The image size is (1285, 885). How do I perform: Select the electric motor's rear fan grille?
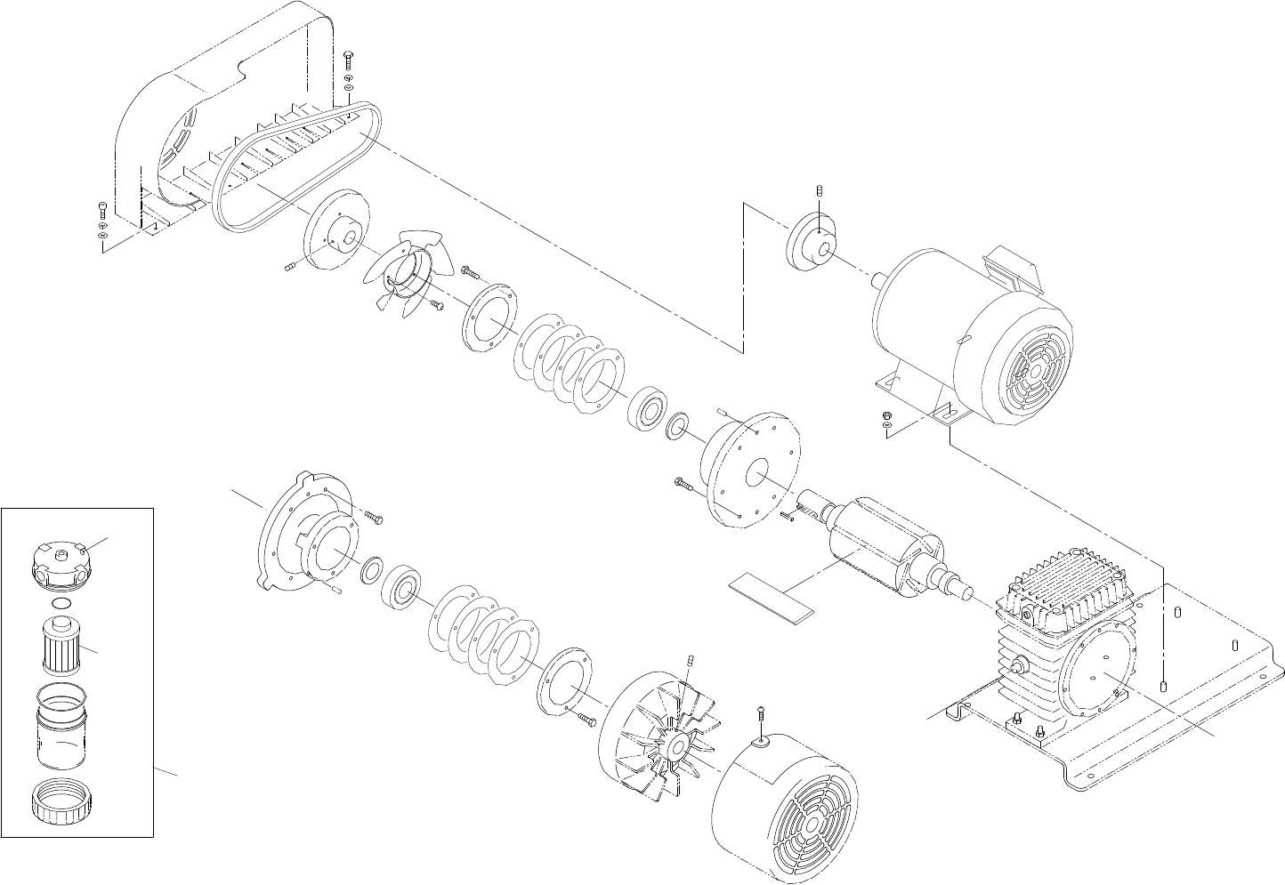point(1030,376)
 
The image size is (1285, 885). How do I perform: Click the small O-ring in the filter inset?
point(61,605)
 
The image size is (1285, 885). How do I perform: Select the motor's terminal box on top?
point(1012,266)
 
